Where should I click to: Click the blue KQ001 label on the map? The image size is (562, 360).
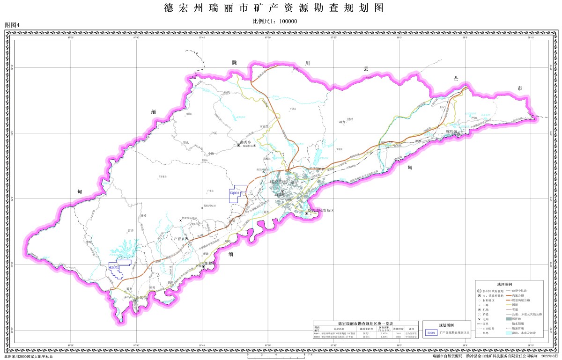click(235, 192)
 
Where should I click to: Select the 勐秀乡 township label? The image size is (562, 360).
click(246, 142)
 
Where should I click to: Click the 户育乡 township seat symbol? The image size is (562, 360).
click(186, 239)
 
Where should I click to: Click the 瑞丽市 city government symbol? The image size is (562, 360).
click(284, 182)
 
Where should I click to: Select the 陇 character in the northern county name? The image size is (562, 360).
click(235, 63)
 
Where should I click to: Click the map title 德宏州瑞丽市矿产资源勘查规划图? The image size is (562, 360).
click(274, 8)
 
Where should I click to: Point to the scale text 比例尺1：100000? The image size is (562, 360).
click(275, 22)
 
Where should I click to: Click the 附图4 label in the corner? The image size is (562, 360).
click(13, 24)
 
